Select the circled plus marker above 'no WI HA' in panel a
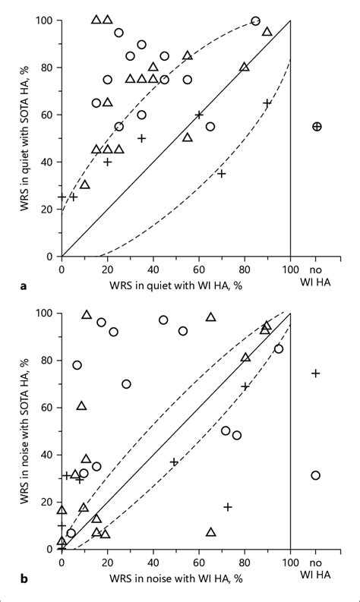pos(317,127)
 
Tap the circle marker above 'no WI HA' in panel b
pos(316,475)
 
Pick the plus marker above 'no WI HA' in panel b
pos(316,373)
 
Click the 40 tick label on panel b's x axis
pos(153,563)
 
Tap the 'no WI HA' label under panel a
pos(317,276)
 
